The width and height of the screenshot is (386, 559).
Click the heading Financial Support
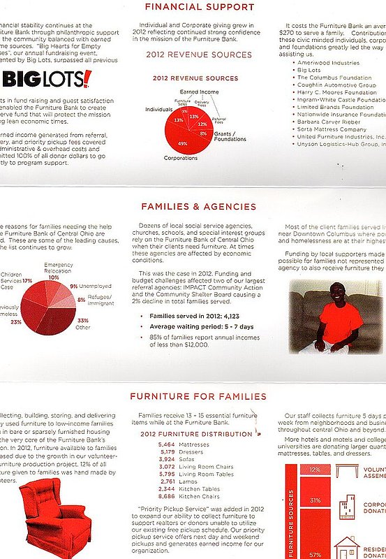click(x=199, y=8)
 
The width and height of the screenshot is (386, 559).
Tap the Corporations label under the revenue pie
click(x=181, y=159)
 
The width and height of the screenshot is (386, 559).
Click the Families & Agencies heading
click(x=199, y=207)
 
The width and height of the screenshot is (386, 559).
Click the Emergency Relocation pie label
click(x=58, y=268)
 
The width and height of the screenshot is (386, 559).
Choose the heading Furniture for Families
click(x=199, y=397)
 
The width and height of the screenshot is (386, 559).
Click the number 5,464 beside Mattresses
click(x=167, y=444)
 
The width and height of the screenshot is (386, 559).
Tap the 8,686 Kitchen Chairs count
click(x=167, y=495)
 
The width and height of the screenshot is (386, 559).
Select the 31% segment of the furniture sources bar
click(x=315, y=500)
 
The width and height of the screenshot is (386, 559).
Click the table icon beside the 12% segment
click(x=346, y=470)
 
